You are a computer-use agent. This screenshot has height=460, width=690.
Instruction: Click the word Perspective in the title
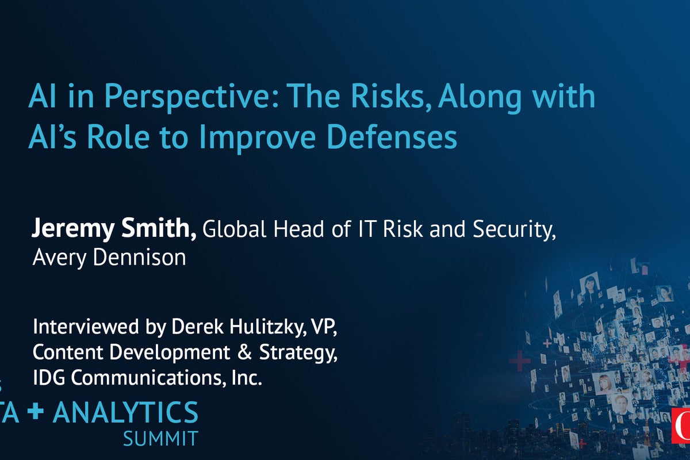coord(191,98)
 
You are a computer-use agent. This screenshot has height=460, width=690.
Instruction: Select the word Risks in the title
coord(390,96)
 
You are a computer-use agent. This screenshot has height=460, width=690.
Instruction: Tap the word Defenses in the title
coord(392,136)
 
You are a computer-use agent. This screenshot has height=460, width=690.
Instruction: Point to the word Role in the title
coord(118,136)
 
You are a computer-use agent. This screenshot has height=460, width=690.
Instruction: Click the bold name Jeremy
coord(72,229)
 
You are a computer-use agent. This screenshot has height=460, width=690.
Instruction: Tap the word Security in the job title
coord(514,229)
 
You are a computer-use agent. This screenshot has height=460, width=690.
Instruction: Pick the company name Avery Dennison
coord(109,258)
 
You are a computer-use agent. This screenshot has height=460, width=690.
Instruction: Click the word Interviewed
coord(86,326)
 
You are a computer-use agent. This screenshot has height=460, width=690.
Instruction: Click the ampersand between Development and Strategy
coord(245,352)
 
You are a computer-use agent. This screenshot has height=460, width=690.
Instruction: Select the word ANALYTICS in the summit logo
coord(125,412)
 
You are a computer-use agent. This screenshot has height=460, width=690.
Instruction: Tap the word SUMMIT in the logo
coord(160,439)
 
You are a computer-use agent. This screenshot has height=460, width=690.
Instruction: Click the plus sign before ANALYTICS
coord(36,412)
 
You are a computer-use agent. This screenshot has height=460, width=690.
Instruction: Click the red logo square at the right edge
coord(681,426)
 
